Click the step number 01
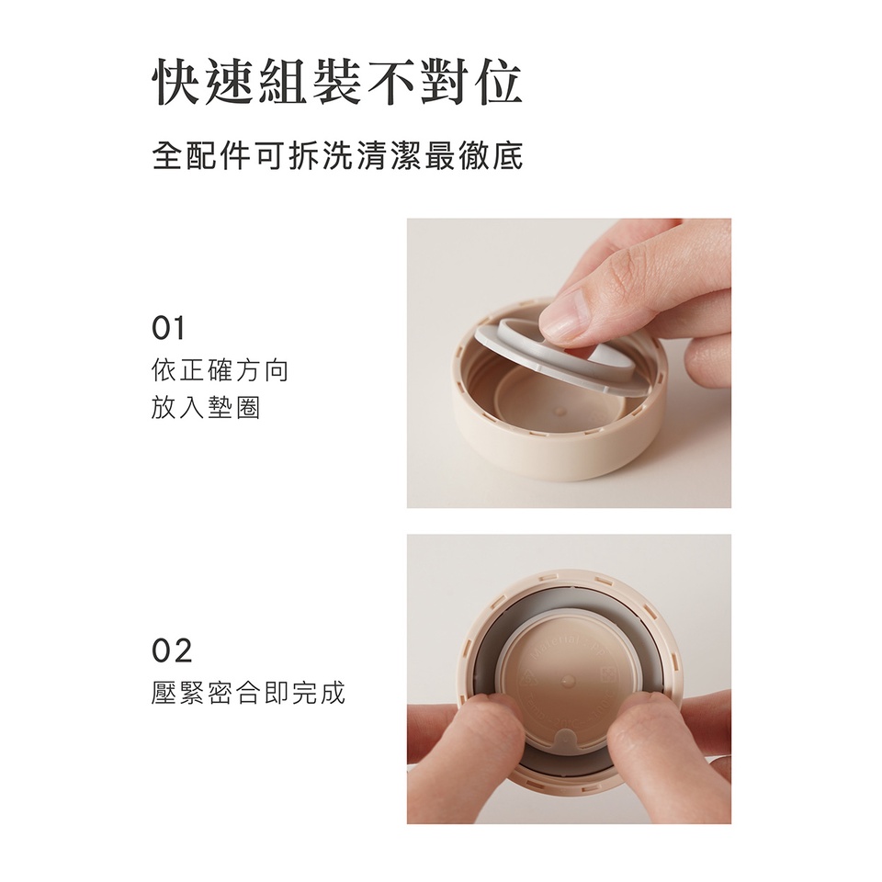point(167,329)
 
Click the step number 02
point(172,650)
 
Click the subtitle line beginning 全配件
point(337,156)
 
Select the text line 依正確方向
point(220,370)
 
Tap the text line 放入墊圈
point(206,407)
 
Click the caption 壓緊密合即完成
point(248,693)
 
